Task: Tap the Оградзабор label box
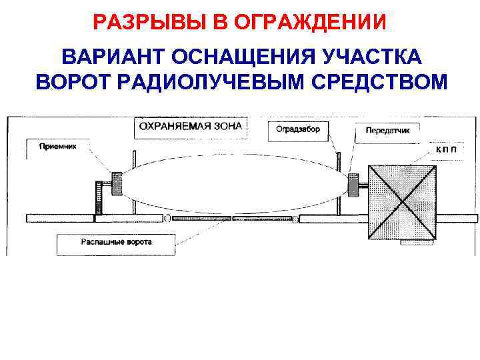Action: (298, 129)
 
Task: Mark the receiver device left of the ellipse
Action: (117, 184)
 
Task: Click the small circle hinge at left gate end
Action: (168, 218)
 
